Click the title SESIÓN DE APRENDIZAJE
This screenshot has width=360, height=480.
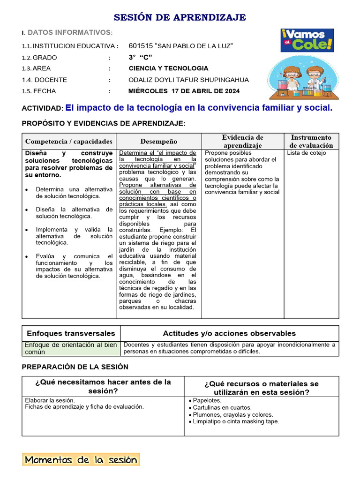(x=180, y=18)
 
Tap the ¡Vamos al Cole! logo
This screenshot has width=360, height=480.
(x=307, y=40)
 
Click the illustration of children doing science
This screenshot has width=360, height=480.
(x=303, y=78)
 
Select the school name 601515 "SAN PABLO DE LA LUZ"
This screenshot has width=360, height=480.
(x=180, y=45)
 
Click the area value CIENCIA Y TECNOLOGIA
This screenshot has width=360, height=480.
(x=168, y=68)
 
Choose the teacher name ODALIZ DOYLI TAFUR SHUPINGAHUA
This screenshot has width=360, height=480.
(x=188, y=80)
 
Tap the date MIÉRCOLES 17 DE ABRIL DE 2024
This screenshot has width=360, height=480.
(x=184, y=91)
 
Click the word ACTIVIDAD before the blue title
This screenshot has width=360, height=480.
(x=42, y=108)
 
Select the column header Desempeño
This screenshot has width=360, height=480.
(x=158, y=141)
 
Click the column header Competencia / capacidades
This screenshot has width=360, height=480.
(x=69, y=141)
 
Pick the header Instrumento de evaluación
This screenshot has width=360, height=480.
(x=311, y=141)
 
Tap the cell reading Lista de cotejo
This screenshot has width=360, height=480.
(x=306, y=153)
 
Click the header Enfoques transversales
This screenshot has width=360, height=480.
(x=71, y=333)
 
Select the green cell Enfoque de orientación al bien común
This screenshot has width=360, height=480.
(x=71, y=348)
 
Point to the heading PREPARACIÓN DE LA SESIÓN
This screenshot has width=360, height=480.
(x=75, y=367)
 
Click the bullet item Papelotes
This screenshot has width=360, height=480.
(x=207, y=400)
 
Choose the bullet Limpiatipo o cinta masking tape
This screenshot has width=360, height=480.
(x=236, y=421)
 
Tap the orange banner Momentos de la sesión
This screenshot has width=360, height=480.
(x=81, y=459)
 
